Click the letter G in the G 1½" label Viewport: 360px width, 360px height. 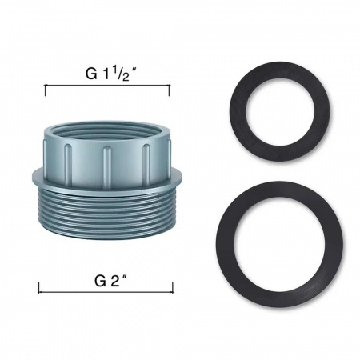pos(91,74)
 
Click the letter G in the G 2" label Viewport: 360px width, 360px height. pos(100,281)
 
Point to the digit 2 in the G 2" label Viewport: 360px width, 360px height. pos(114,281)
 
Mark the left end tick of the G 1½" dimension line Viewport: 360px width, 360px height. pos(46,90)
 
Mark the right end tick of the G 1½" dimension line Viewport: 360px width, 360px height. pos(169,90)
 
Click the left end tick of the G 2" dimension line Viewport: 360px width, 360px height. pos(39,287)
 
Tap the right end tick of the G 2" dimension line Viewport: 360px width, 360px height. pos(173,287)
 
